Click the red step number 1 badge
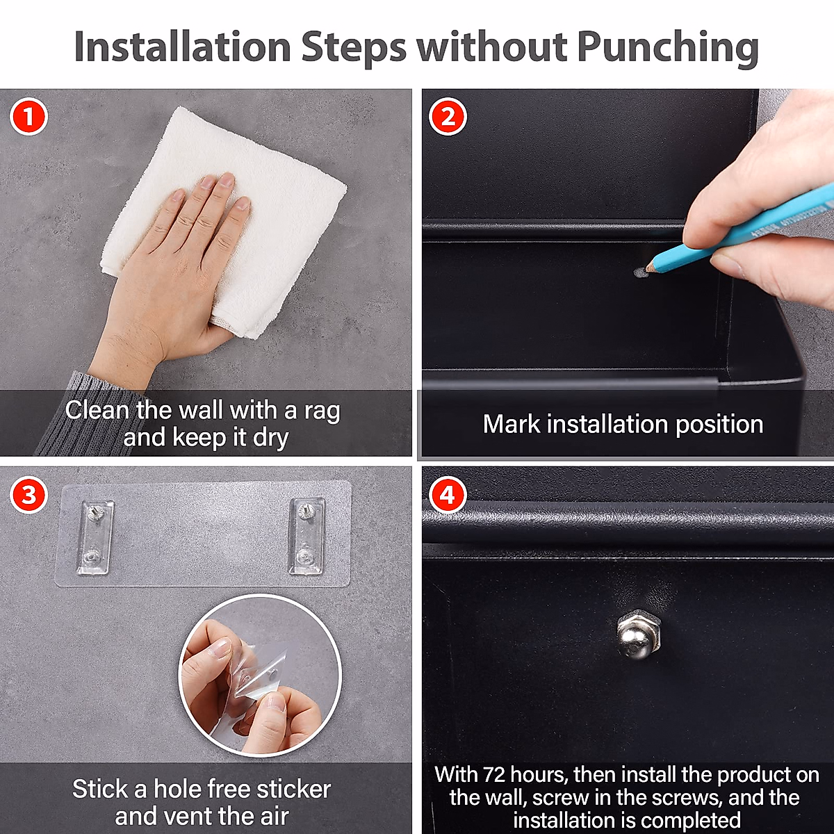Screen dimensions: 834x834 28,117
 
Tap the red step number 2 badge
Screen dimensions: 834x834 448,117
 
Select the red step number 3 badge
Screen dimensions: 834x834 28,495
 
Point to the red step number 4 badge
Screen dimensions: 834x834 448,495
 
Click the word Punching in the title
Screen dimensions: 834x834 667,49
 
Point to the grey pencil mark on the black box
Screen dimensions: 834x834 640,272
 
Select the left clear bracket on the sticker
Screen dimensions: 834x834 95,538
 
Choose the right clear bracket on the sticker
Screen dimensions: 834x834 306,537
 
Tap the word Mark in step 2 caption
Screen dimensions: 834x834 511,424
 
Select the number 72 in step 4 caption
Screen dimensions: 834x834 493,774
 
